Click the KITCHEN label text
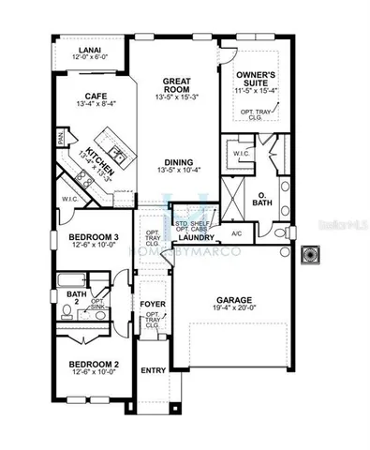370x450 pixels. (100, 160)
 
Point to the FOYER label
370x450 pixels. (153, 306)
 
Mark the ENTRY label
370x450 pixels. (153, 370)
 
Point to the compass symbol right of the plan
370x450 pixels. (312, 253)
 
